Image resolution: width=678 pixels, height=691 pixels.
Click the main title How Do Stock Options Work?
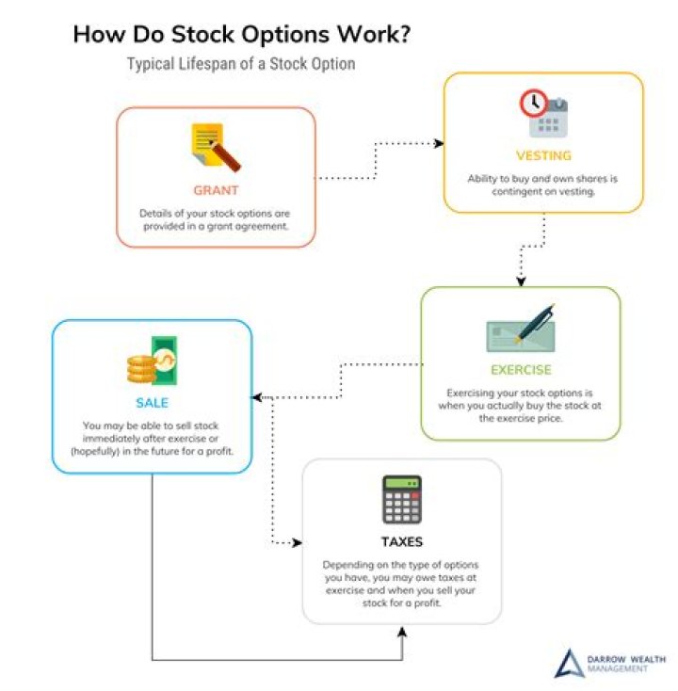pos(242,34)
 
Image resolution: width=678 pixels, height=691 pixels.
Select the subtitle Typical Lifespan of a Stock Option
pos(241,64)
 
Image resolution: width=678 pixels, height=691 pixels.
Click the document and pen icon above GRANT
pos(215,147)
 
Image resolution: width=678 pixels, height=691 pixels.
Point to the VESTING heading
pos(543,155)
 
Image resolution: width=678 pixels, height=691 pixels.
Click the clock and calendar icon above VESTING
pos(543,113)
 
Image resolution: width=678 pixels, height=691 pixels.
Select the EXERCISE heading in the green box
pos(521,369)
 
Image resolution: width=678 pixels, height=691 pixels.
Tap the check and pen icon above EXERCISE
pos(521,329)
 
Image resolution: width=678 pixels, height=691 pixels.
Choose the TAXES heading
pos(401,541)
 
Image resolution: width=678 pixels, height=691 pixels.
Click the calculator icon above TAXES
pos(401,499)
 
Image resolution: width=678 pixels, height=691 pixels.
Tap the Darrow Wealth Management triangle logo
pos(568,663)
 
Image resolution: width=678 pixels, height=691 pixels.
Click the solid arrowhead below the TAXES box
pos(402,630)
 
